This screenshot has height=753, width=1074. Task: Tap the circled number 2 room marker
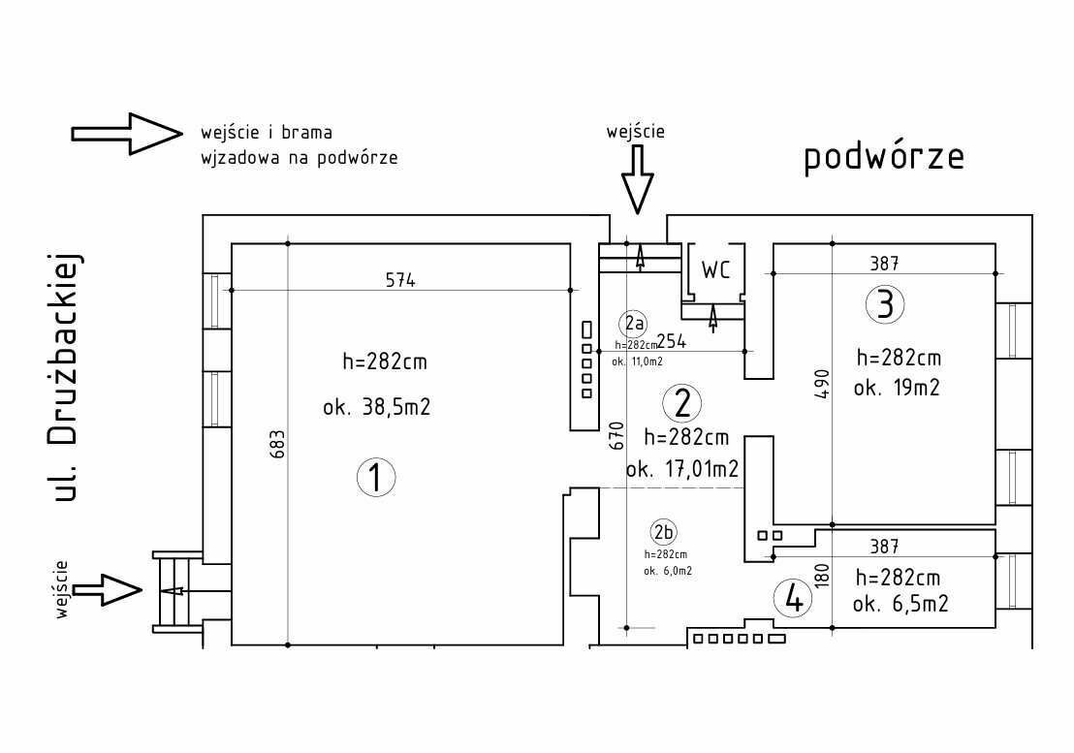682,402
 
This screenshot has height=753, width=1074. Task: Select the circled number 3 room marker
884,304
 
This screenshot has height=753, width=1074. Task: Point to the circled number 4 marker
794,599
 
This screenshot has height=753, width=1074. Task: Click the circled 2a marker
634,322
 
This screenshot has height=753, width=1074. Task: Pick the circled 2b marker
664,531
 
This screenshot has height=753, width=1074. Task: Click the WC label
715,270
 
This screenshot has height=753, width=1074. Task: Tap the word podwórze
884,157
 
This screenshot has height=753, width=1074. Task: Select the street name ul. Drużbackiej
65,378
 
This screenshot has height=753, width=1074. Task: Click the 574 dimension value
399,281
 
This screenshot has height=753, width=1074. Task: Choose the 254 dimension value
673,342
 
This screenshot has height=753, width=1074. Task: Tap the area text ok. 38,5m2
376,408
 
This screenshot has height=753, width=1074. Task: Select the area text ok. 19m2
897,388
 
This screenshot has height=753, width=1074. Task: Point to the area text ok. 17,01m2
682,470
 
